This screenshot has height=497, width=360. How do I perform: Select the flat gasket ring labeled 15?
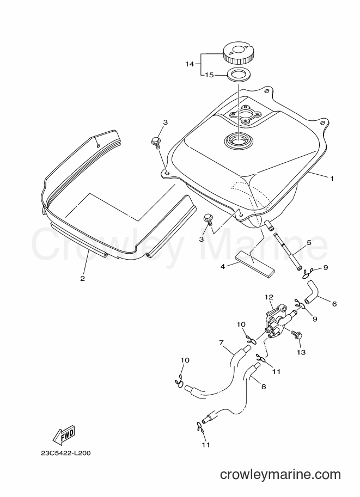[x=238, y=76]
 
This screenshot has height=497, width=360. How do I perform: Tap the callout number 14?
[x=190, y=64]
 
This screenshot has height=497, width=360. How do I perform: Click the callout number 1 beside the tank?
[x=332, y=179]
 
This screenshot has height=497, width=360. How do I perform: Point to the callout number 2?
[x=82, y=279]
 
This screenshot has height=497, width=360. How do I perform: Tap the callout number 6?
[x=334, y=304]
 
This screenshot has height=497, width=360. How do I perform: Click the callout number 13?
[x=301, y=352]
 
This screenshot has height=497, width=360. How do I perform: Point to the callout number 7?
[x=221, y=342]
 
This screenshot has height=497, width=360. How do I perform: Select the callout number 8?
[x=263, y=386]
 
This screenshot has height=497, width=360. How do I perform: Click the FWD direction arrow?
[x=64, y=434]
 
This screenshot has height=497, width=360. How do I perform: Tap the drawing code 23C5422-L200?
[x=66, y=453]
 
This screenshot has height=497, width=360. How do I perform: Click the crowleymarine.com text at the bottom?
[x=280, y=475]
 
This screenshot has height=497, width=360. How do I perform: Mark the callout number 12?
[x=269, y=297]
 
